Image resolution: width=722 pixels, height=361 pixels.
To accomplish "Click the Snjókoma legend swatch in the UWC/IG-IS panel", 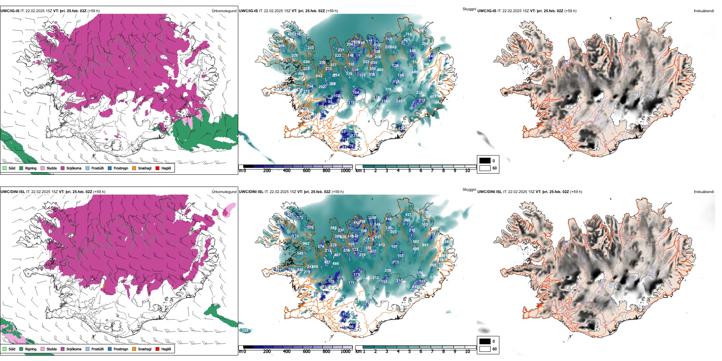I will [63, 168].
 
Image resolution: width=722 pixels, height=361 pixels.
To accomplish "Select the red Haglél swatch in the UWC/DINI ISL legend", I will [158, 349].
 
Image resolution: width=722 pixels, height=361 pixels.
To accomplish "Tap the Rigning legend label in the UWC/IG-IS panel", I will [31, 168].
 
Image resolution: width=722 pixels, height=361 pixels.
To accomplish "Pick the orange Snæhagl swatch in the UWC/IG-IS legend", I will [135, 168].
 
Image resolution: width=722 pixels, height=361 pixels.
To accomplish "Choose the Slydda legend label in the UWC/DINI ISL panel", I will [51, 349].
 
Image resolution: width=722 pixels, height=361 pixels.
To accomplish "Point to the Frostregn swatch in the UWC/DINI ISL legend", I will [110, 349].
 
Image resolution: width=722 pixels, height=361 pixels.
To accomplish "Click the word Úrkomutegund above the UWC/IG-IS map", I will [224, 11].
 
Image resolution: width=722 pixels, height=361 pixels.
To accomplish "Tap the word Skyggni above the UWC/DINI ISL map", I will [469, 190].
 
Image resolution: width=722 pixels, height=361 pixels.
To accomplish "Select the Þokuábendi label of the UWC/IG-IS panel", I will [704, 11].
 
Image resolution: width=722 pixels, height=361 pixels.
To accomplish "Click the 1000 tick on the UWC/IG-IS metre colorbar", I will [345, 171].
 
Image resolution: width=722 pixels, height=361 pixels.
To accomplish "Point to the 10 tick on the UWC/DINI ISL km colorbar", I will [467, 351].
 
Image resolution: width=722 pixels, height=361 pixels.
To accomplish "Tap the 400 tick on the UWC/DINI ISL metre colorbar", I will [287, 351].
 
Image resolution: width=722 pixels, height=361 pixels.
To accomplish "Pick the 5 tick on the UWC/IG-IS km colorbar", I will [409, 171].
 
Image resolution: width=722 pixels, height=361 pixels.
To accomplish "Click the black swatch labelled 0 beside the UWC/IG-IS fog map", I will [485, 161].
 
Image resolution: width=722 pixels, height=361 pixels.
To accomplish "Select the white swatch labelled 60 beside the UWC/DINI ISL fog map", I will [485, 349].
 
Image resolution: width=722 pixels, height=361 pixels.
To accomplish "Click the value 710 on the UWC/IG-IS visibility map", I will [408, 34].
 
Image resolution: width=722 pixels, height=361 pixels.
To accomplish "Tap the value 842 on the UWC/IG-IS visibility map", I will [319, 76].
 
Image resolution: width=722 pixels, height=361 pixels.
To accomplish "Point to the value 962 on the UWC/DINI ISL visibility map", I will [306, 244].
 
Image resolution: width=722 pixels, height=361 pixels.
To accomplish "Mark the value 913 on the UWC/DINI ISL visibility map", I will [382, 245].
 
